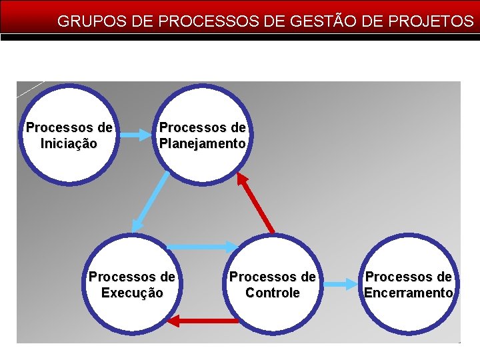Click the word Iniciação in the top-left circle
pyautogui.click(x=69, y=143)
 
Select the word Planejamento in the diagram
pyautogui.click(x=203, y=143)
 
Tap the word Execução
pyautogui.click(x=132, y=293)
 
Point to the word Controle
pyautogui.click(x=272, y=293)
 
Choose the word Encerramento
pyautogui.click(x=409, y=293)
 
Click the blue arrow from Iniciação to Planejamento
pyautogui.click(x=136, y=135)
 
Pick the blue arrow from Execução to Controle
pyautogui.click(x=202, y=247)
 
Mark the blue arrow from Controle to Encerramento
pyautogui.click(x=341, y=285)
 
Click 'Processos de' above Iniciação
pyautogui.click(x=69, y=127)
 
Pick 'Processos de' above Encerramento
pyautogui.click(x=409, y=277)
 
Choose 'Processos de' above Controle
pyautogui.click(x=272, y=277)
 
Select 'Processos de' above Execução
pyautogui.click(x=132, y=277)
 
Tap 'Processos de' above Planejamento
pyautogui.click(x=203, y=127)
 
